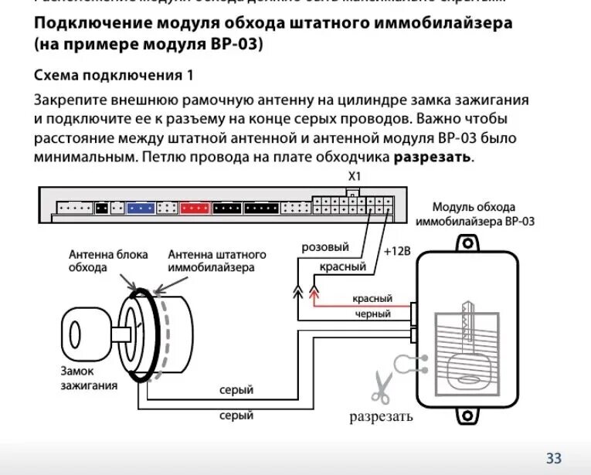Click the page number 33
coord(554,457)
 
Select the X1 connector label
coord(355,176)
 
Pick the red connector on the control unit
coord(195,208)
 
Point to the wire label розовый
coord(324,247)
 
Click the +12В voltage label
coord(398,252)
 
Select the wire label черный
coord(372,314)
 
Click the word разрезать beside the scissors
coord(381,417)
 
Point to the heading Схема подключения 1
coord(114,76)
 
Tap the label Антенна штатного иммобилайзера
coord(217,260)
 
